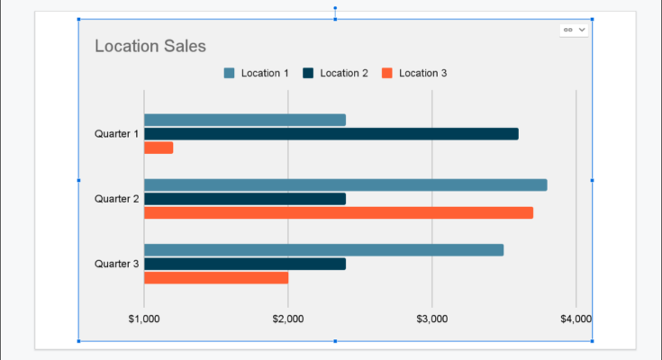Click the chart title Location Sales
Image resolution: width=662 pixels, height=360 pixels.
pos(150,46)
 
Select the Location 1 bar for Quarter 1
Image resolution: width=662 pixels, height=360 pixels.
pos(244,120)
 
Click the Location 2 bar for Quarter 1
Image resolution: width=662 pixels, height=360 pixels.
pos(331,134)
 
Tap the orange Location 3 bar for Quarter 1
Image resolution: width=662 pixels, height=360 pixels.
pos(159,148)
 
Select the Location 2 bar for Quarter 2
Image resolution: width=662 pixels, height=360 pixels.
pos(244,199)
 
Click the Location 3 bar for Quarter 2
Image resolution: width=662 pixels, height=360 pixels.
pos(338,212)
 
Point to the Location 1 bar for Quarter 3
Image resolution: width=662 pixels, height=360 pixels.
pos(323,250)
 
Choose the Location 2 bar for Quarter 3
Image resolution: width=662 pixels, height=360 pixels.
pos(244,264)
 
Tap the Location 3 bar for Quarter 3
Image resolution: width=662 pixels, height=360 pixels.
pos(216,277)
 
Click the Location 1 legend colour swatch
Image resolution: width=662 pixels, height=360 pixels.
pos(229,73)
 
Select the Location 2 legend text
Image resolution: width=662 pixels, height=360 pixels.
pos(344,73)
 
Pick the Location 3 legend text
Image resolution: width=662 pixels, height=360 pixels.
pos(422,73)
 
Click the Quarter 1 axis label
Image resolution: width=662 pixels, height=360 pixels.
pos(116,134)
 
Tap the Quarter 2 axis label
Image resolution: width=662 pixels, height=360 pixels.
pos(116,199)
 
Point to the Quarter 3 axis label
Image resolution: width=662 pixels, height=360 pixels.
pos(116,264)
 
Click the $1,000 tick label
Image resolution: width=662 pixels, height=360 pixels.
pos(144,319)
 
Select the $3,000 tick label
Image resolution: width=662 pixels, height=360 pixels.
pos(432,319)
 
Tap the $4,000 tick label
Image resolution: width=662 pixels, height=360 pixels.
pos(576,319)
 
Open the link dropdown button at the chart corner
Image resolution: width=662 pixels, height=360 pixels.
pos(574,30)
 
